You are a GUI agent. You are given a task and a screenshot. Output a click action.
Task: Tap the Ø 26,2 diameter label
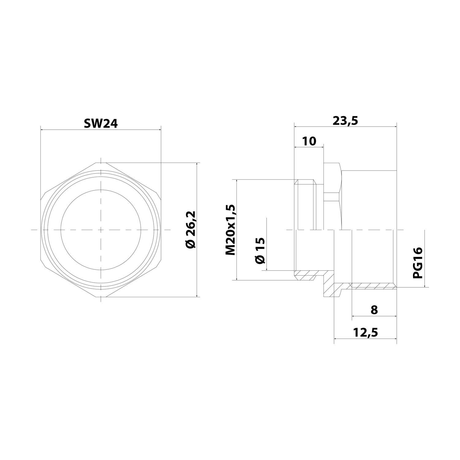pyautogui.click(x=190, y=230)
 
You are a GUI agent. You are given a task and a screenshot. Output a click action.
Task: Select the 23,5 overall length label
pyautogui.click(x=345, y=121)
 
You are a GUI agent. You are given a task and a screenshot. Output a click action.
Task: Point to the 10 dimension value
pyautogui.click(x=309, y=141)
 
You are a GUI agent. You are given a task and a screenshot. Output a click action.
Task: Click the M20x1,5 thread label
pyautogui.click(x=230, y=230)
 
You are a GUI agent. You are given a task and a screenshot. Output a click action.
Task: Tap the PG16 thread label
pyautogui.click(x=417, y=263)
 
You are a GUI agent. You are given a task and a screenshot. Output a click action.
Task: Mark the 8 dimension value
pyautogui.click(x=374, y=310)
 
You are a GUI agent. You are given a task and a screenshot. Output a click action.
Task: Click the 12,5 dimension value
pyautogui.click(x=365, y=332)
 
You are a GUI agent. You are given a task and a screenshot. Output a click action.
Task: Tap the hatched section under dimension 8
pyautogui.click(x=373, y=286)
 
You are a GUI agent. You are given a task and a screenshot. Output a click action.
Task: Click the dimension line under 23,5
pyautogui.click(x=345, y=126)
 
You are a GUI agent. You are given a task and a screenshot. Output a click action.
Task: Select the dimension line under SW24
pyautogui.click(x=101, y=129)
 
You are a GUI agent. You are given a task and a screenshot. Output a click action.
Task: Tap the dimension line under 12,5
pyautogui.click(x=365, y=339)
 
